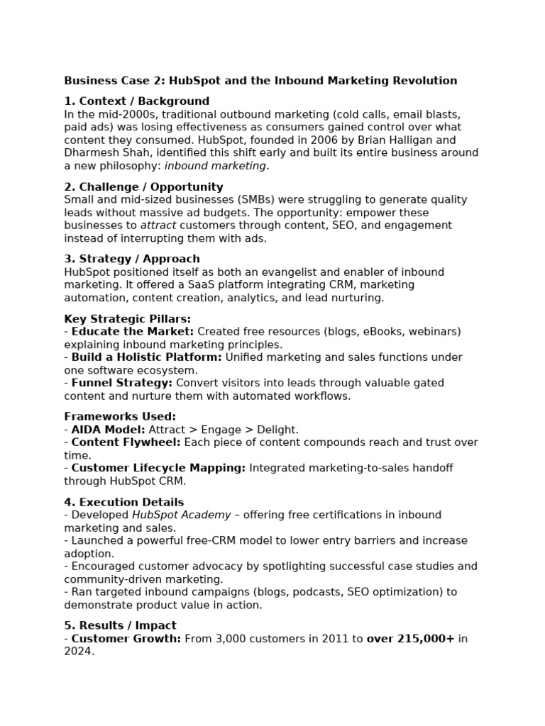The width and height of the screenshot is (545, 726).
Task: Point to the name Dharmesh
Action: tap(91, 153)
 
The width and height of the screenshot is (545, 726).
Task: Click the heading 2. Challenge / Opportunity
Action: tap(143, 187)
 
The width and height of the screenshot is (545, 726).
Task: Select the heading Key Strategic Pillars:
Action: tap(128, 319)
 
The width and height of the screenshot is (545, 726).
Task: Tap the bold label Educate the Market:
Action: tap(132, 332)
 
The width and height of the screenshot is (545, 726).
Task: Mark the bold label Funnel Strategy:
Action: tap(122, 383)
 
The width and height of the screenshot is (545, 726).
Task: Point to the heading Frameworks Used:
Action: tap(120, 417)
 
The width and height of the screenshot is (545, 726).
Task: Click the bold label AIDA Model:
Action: tap(108, 430)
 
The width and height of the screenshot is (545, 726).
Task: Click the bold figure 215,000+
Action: tap(424, 639)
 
